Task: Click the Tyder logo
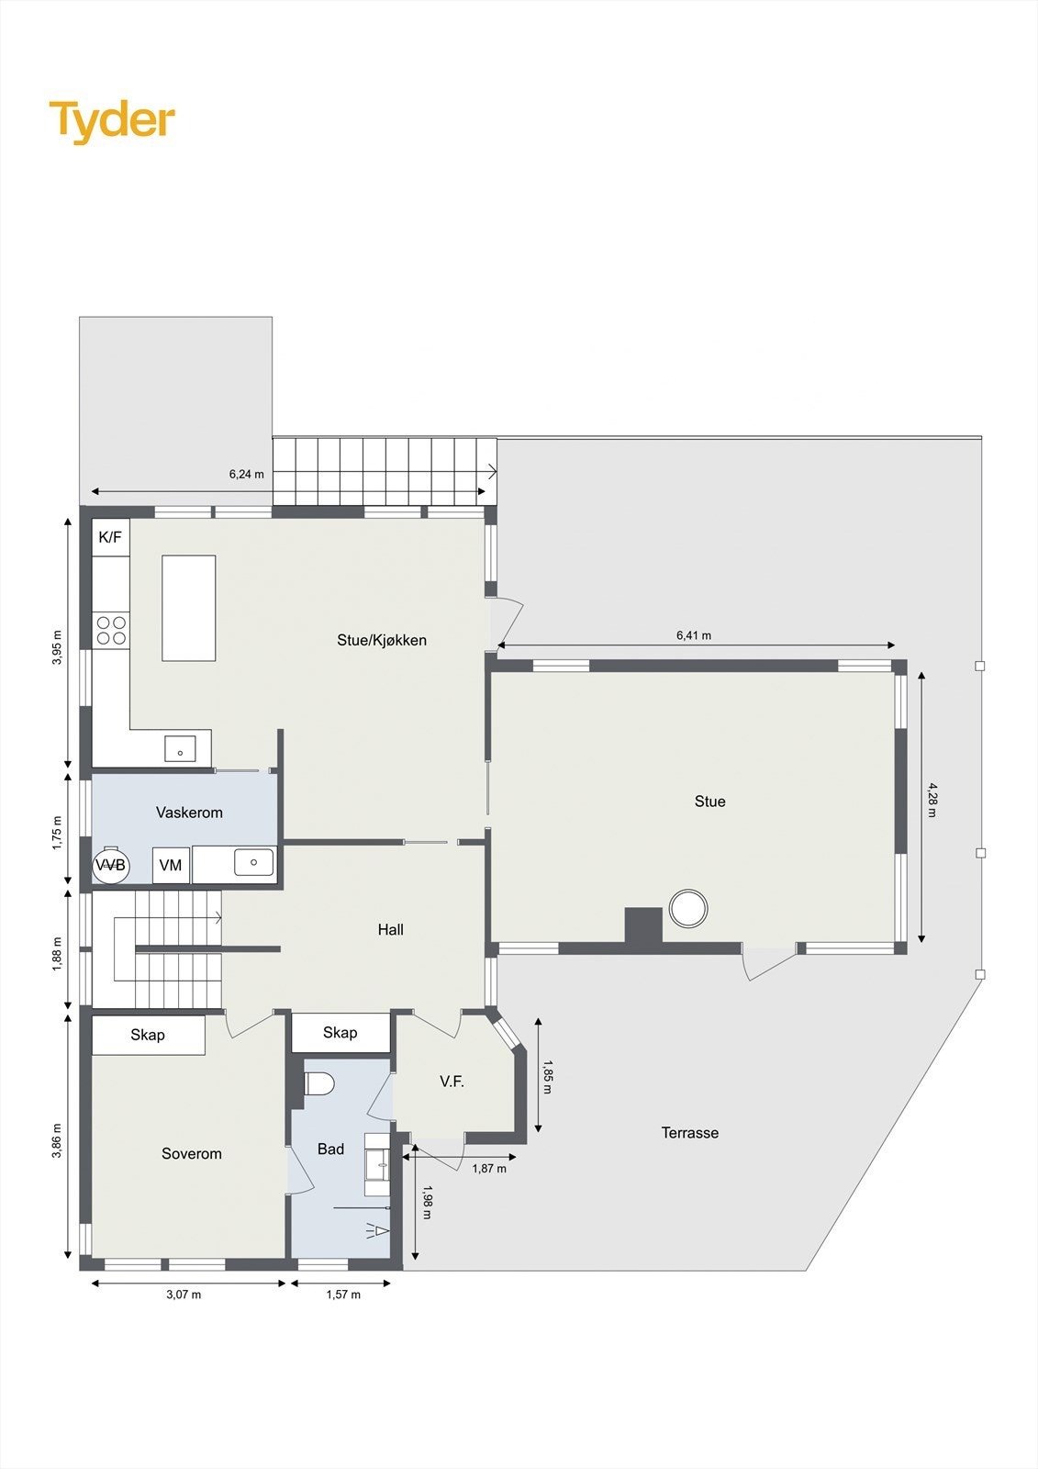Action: click(x=112, y=120)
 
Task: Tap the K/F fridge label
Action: click(x=110, y=537)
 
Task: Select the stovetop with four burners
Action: click(x=111, y=630)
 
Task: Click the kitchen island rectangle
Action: click(x=189, y=608)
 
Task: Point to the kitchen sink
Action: click(x=180, y=748)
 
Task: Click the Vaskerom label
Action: click(x=189, y=813)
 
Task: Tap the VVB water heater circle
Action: click(x=111, y=865)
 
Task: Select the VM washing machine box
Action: click(x=171, y=865)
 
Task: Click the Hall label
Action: click(x=391, y=930)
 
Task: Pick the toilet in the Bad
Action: click(x=319, y=1083)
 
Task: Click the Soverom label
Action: click(x=192, y=1154)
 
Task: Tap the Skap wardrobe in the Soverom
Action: click(x=148, y=1036)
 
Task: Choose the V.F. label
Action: click(x=452, y=1082)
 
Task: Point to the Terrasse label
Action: click(x=690, y=1133)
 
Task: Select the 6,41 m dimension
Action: click(x=694, y=635)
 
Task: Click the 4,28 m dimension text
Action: click(x=932, y=800)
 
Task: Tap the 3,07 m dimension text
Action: click(x=184, y=1295)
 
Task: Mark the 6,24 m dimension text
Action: click(x=246, y=475)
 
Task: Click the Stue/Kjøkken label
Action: click(x=382, y=641)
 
